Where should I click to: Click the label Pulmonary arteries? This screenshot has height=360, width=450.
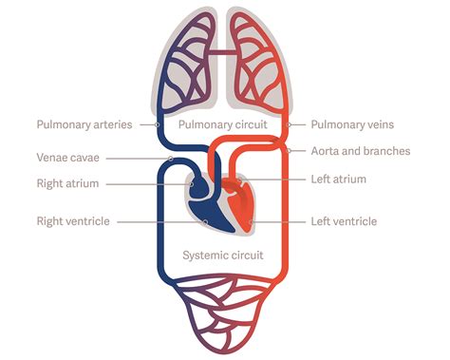tap(84, 124)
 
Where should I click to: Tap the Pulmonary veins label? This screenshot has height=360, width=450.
tap(351, 124)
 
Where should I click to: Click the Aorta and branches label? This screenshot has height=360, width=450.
tap(359, 151)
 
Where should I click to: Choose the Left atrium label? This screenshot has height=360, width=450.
tap(338, 179)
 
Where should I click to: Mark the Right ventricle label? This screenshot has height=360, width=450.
tap(73, 221)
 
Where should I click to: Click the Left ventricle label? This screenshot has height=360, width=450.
tap(344, 221)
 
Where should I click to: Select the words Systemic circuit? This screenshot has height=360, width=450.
tap(222, 255)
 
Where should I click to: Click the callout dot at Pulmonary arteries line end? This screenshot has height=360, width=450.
tap(157, 124)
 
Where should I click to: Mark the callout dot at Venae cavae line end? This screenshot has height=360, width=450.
tap(169, 159)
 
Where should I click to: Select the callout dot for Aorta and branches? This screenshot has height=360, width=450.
tap(286, 151)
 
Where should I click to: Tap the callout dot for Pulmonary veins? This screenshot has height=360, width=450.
tap(289, 124)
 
